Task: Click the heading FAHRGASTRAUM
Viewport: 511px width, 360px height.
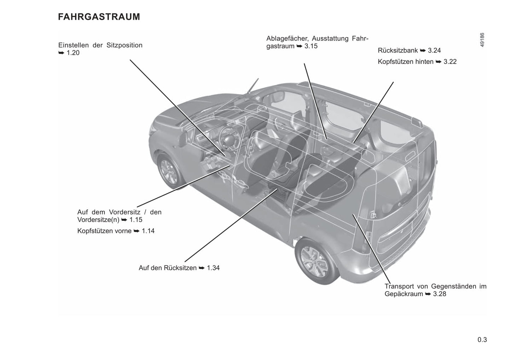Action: (99, 17)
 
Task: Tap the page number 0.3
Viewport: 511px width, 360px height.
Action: (482, 340)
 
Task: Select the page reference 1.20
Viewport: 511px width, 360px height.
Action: (73, 53)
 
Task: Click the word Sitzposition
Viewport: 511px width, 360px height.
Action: (124, 45)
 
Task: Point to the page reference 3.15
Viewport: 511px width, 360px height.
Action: (311, 46)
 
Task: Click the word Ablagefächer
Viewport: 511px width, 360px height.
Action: (288, 39)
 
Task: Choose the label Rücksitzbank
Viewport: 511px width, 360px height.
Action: (397, 51)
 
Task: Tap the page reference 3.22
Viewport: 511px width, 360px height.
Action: (450, 61)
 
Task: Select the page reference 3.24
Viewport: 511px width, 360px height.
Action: (434, 51)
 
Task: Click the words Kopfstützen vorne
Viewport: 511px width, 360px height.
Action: (104, 231)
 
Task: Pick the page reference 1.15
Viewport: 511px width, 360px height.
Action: (136, 220)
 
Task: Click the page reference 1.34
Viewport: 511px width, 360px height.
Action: (213, 268)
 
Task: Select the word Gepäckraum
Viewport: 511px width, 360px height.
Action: (403, 294)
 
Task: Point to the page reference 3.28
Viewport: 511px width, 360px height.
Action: (439, 294)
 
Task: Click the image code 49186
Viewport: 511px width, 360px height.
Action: (482, 40)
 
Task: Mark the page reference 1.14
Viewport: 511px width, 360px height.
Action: (148, 231)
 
